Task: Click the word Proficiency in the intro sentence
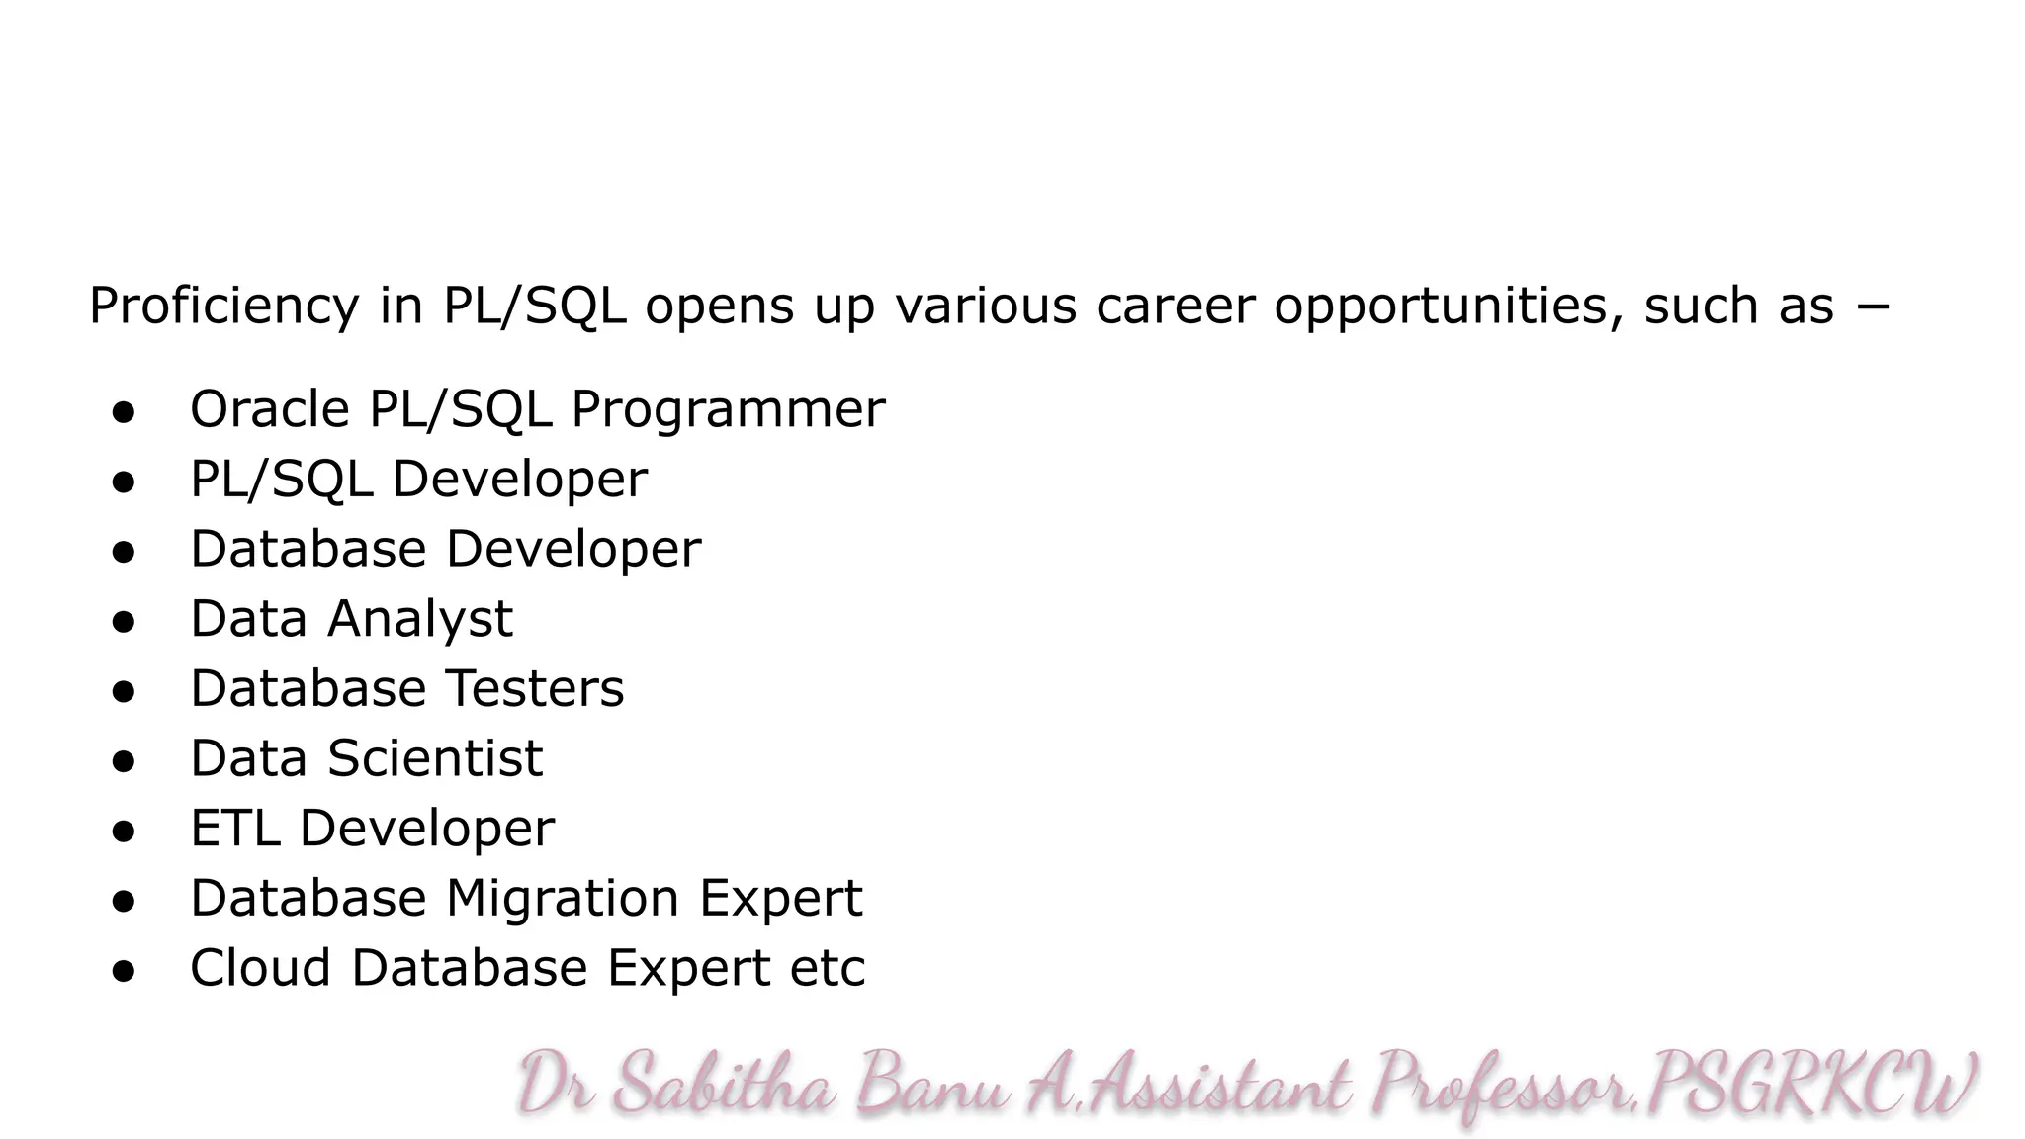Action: click(x=223, y=306)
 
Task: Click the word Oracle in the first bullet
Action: click(x=269, y=409)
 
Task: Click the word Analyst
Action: click(x=420, y=620)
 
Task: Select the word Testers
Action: click(x=534, y=688)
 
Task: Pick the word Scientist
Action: click(x=435, y=758)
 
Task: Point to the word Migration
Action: click(x=562, y=899)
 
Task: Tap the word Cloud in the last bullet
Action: click(x=260, y=968)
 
